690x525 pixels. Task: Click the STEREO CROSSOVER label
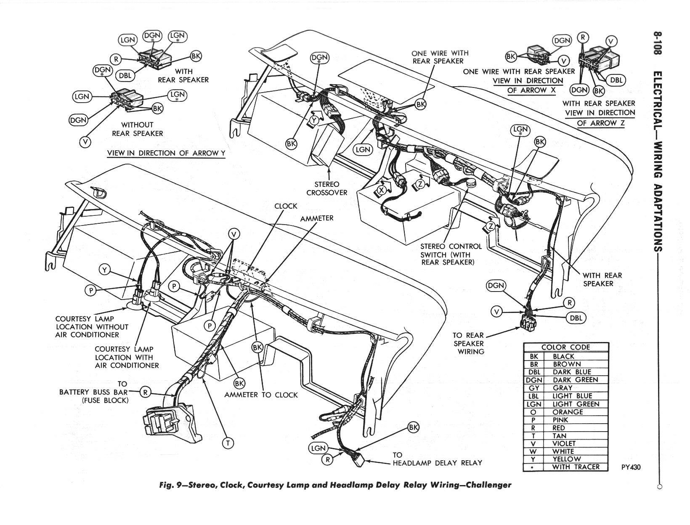coord(327,188)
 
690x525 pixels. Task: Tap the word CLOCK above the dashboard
coord(286,206)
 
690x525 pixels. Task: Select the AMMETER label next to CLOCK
coord(317,218)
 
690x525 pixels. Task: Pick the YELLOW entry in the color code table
coord(566,459)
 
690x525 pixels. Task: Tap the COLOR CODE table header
coord(565,347)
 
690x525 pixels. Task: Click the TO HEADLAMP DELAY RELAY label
coord(437,459)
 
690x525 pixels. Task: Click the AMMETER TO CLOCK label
coord(261,395)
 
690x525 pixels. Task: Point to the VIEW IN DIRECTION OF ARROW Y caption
coord(166,153)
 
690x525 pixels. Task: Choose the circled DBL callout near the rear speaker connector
coord(576,318)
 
